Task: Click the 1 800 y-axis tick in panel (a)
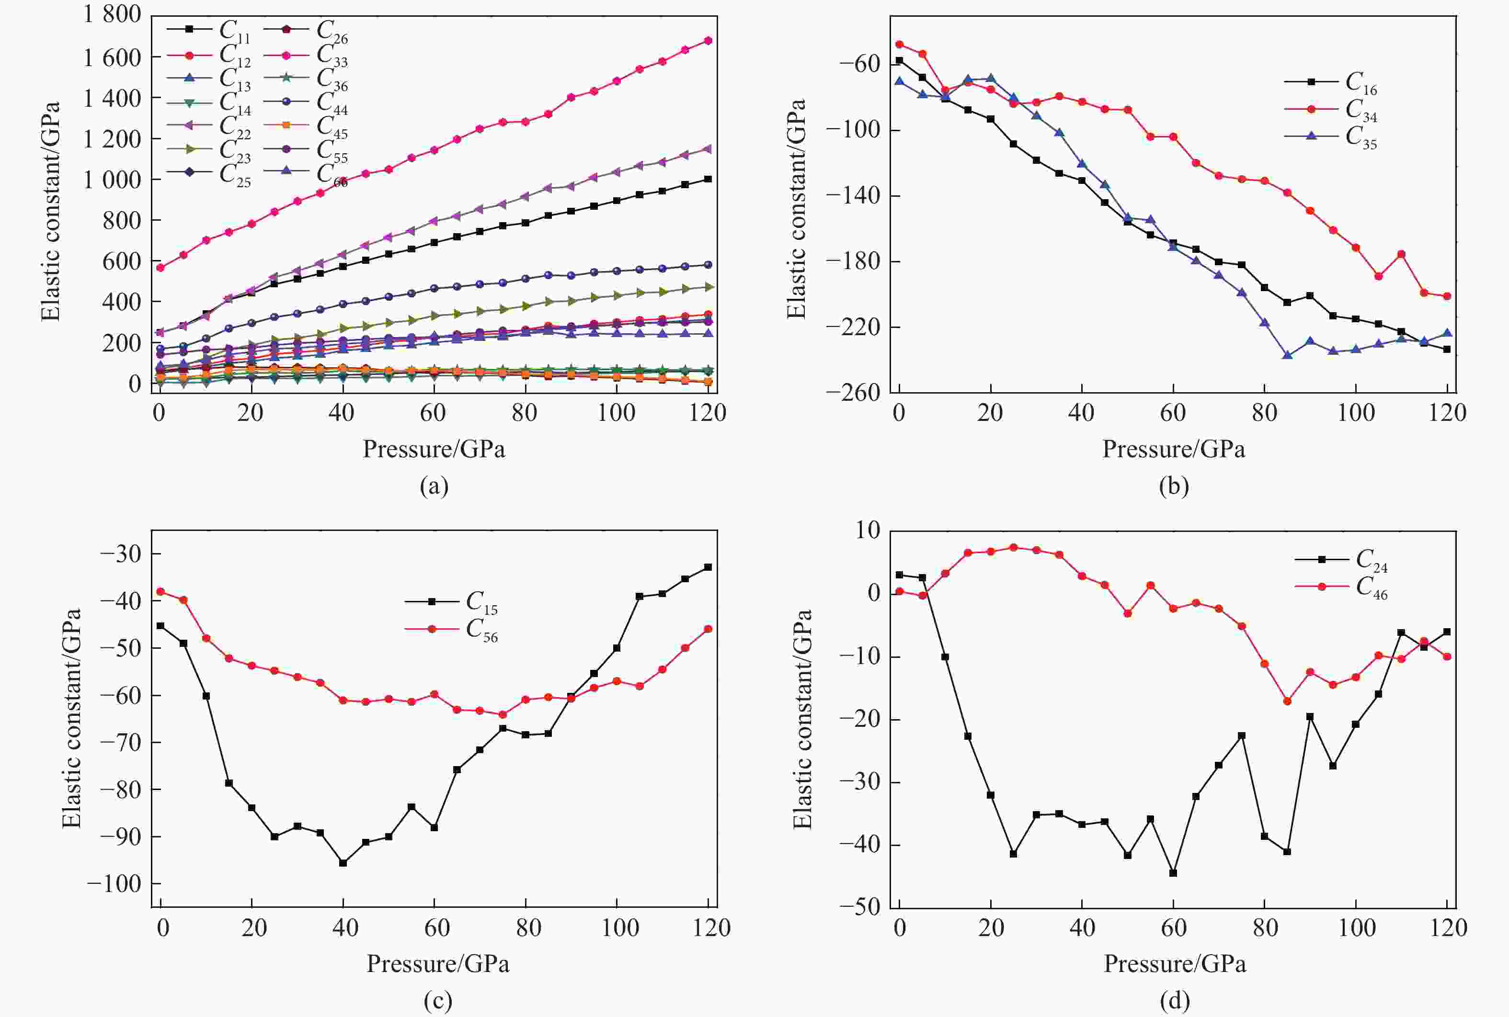click(x=112, y=14)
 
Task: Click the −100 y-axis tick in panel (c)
click(x=114, y=883)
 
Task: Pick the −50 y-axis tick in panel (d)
click(x=859, y=907)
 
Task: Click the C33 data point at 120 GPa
click(x=708, y=41)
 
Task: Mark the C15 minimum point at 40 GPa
click(x=343, y=863)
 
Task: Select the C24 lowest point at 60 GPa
click(x=1173, y=873)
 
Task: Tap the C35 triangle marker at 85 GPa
click(x=1288, y=355)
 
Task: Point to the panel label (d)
click(x=1174, y=1001)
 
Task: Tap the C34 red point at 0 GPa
click(x=899, y=45)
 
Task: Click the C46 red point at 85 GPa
click(x=1287, y=701)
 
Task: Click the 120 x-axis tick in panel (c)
click(x=711, y=927)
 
